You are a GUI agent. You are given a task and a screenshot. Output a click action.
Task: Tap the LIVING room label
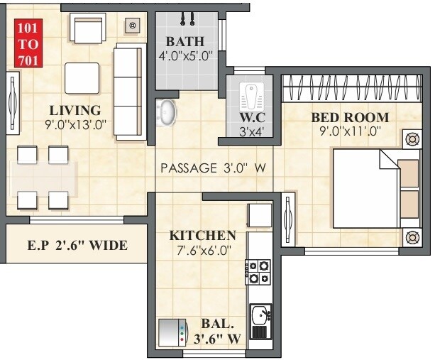pos(75,110)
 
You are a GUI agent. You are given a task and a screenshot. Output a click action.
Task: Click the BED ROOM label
pos(350,117)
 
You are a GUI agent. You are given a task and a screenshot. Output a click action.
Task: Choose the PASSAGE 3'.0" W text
pos(213,168)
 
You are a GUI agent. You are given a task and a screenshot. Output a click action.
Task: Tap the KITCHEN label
pos(202,235)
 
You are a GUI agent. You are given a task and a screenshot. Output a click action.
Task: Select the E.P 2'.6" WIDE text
pos(77,246)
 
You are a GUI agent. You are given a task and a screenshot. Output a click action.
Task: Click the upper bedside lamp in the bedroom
pos(411,139)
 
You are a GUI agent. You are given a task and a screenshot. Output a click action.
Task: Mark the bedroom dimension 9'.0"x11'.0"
pos(350,131)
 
